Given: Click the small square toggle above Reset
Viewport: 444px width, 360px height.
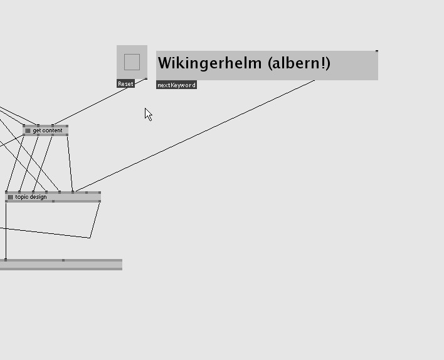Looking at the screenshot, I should (x=132, y=62).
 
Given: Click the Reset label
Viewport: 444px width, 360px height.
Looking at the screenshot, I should (x=125, y=84).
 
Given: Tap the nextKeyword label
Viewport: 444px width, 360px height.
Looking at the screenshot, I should (x=176, y=85).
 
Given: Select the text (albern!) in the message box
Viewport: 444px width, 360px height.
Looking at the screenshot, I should (x=299, y=63).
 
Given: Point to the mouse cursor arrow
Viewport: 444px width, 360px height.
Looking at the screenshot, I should (x=148, y=114).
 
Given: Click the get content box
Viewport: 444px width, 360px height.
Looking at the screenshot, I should (x=48, y=130).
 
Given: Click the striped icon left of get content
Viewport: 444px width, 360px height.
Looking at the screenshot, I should (x=28, y=130).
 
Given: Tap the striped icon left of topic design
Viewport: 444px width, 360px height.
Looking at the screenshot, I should (x=10, y=197).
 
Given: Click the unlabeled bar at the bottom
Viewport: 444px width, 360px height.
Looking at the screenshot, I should (x=63, y=265).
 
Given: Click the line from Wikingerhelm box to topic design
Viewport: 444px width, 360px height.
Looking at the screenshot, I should (x=194, y=136).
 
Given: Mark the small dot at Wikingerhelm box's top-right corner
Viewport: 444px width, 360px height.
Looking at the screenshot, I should (x=377, y=51).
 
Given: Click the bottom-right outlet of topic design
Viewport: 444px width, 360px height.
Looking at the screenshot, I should (x=99, y=201).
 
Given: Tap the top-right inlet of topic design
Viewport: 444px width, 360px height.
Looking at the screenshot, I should (x=99, y=193).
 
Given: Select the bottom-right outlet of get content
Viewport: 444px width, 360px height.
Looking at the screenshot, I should (x=66, y=134).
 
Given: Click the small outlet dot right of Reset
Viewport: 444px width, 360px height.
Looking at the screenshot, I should (x=146, y=79).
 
